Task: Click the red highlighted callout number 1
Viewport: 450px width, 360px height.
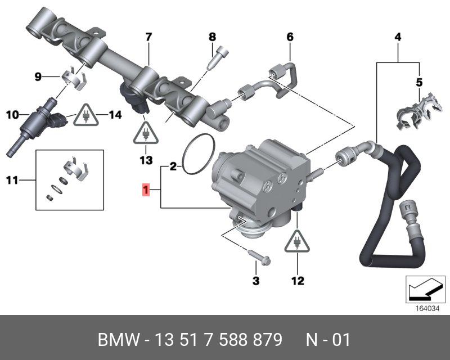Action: tap(146, 191)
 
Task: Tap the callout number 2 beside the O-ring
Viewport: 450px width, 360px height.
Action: tap(173, 166)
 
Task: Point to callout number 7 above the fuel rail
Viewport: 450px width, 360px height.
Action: tap(148, 38)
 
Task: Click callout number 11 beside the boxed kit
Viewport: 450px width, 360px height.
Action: tap(12, 181)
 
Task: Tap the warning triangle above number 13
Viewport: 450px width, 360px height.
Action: tap(146, 134)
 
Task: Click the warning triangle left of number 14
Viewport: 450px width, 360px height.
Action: tap(86, 116)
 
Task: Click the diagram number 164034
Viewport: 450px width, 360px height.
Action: tap(425, 308)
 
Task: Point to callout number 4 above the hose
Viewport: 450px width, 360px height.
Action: tap(397, 38)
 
